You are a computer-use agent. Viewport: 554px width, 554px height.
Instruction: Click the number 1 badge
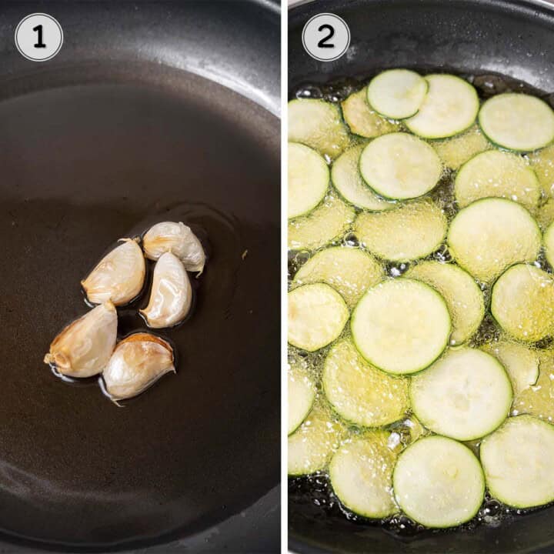tap(39, 37)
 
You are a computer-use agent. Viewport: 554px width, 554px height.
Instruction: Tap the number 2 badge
tap(325, 37)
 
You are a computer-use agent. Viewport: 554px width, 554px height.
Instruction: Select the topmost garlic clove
tap(174, 245)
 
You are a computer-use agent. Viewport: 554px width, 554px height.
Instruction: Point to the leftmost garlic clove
tap(83, 341)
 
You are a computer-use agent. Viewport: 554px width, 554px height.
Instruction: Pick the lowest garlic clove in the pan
tap(138, 365)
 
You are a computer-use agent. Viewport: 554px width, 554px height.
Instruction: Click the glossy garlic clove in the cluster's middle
tap(168, 290)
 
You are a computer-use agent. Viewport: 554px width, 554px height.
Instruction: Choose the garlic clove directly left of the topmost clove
tap(115, 272)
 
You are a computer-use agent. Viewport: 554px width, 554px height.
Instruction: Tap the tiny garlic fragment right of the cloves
tap(244, 254)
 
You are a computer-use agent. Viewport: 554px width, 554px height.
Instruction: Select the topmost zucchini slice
tap(396, 94)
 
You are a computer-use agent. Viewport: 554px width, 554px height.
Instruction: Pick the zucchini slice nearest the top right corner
tap(516, 122)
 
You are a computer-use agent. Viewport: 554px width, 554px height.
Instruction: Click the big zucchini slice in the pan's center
tap(401, 325)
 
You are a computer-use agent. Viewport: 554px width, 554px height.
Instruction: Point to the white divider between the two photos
tap(285, 277)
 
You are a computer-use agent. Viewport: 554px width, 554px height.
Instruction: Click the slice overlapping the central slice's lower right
tap(461, 394)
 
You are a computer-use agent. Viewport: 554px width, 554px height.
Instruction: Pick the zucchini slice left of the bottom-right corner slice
tap(439, 481)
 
